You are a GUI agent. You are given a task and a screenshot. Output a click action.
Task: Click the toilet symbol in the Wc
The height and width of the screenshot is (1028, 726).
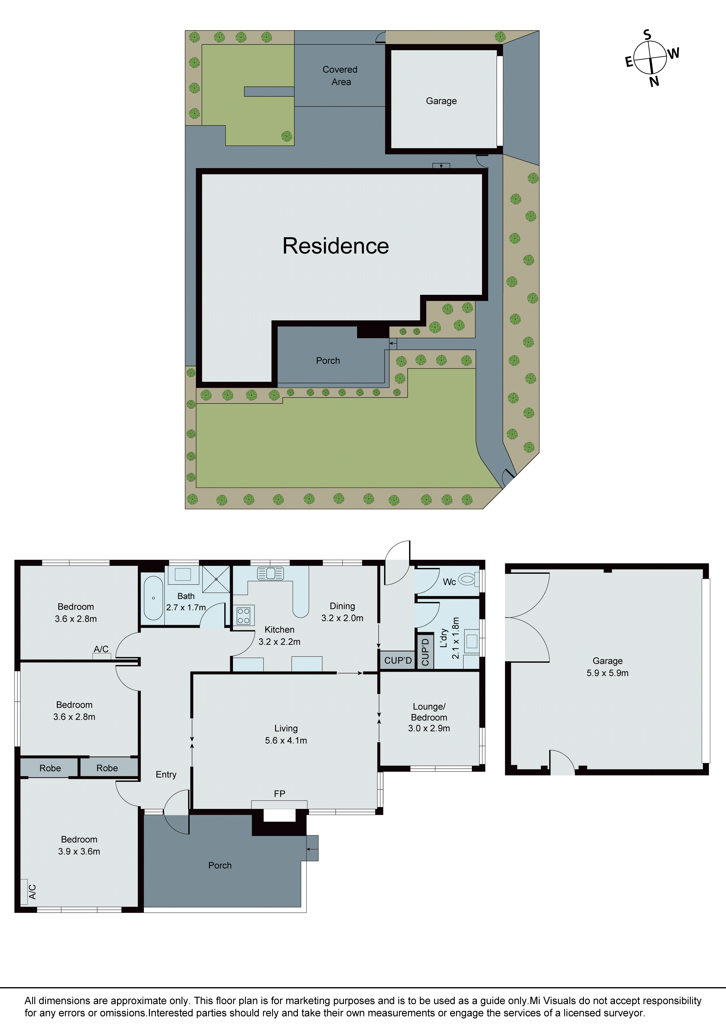pos(467,580)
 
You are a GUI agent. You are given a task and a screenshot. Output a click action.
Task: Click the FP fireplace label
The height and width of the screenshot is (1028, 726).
pos(279,793)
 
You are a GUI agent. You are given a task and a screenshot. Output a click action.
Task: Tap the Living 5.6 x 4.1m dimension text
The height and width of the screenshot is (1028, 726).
pos(286,741)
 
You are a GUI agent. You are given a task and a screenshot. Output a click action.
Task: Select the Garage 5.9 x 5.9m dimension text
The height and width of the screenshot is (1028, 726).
pos(607,673)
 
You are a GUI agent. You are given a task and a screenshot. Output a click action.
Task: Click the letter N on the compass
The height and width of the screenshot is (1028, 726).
pos(654,81)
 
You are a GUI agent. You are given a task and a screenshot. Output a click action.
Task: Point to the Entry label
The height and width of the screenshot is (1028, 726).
pos(166,775)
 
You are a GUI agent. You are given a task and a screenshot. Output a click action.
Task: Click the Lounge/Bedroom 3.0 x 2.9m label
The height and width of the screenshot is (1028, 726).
pos(429,717)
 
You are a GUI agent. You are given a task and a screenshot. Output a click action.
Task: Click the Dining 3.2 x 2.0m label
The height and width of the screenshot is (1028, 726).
pos(342,612)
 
